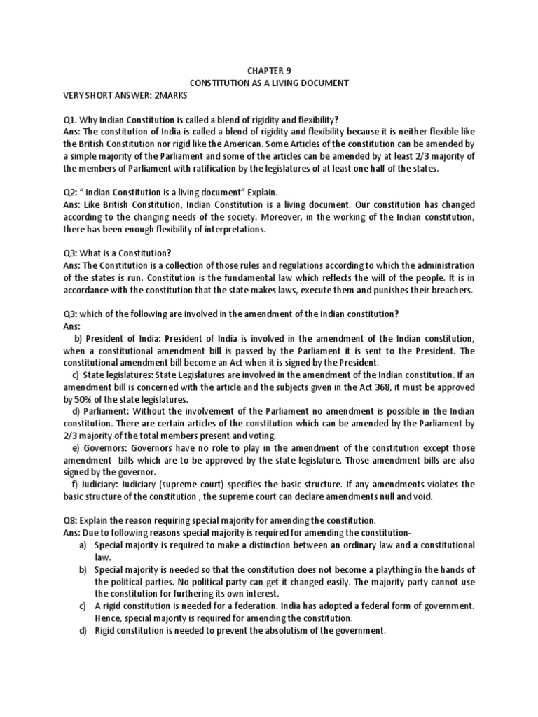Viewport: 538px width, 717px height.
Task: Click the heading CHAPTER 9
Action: tap(269, 70)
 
